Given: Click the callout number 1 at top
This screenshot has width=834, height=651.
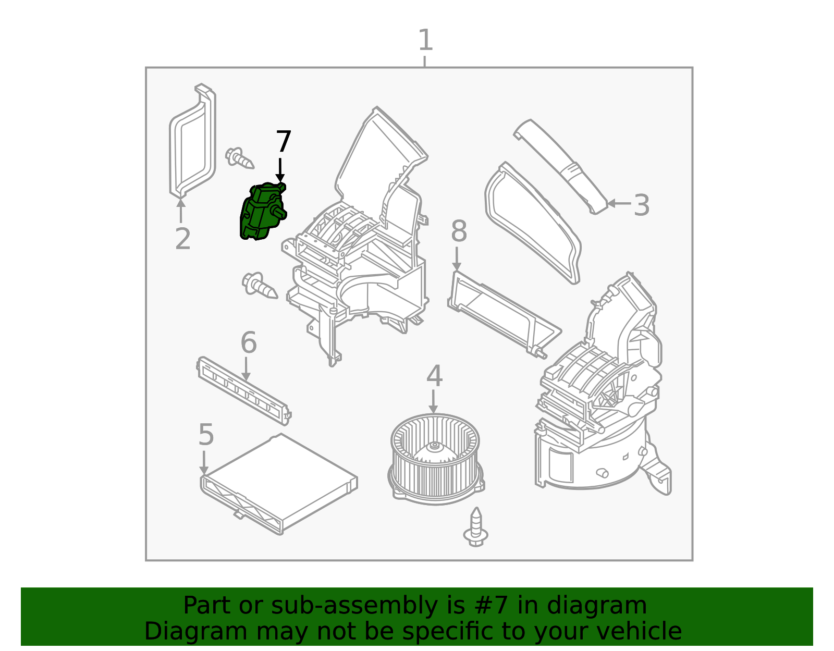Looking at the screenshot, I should [x=425, y=41].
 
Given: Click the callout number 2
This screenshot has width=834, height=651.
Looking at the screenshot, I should [x=182, y=239].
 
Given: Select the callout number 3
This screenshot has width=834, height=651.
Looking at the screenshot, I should [x=642, y=205].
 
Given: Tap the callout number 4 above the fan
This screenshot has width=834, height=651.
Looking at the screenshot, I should [x=434, y=376].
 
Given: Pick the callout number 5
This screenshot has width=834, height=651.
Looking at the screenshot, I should [x=206, y=435].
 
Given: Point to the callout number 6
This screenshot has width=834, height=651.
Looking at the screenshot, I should [x=249, y=343].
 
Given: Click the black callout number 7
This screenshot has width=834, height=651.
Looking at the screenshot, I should [x=283, y=142].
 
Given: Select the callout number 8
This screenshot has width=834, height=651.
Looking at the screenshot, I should [x=459, y=231].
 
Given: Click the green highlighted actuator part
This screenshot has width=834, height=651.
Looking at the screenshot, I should [x=261, y=213].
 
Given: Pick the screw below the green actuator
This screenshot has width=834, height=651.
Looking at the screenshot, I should [x=260, y=285].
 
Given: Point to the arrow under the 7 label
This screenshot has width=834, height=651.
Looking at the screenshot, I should [x=280, y=170].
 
